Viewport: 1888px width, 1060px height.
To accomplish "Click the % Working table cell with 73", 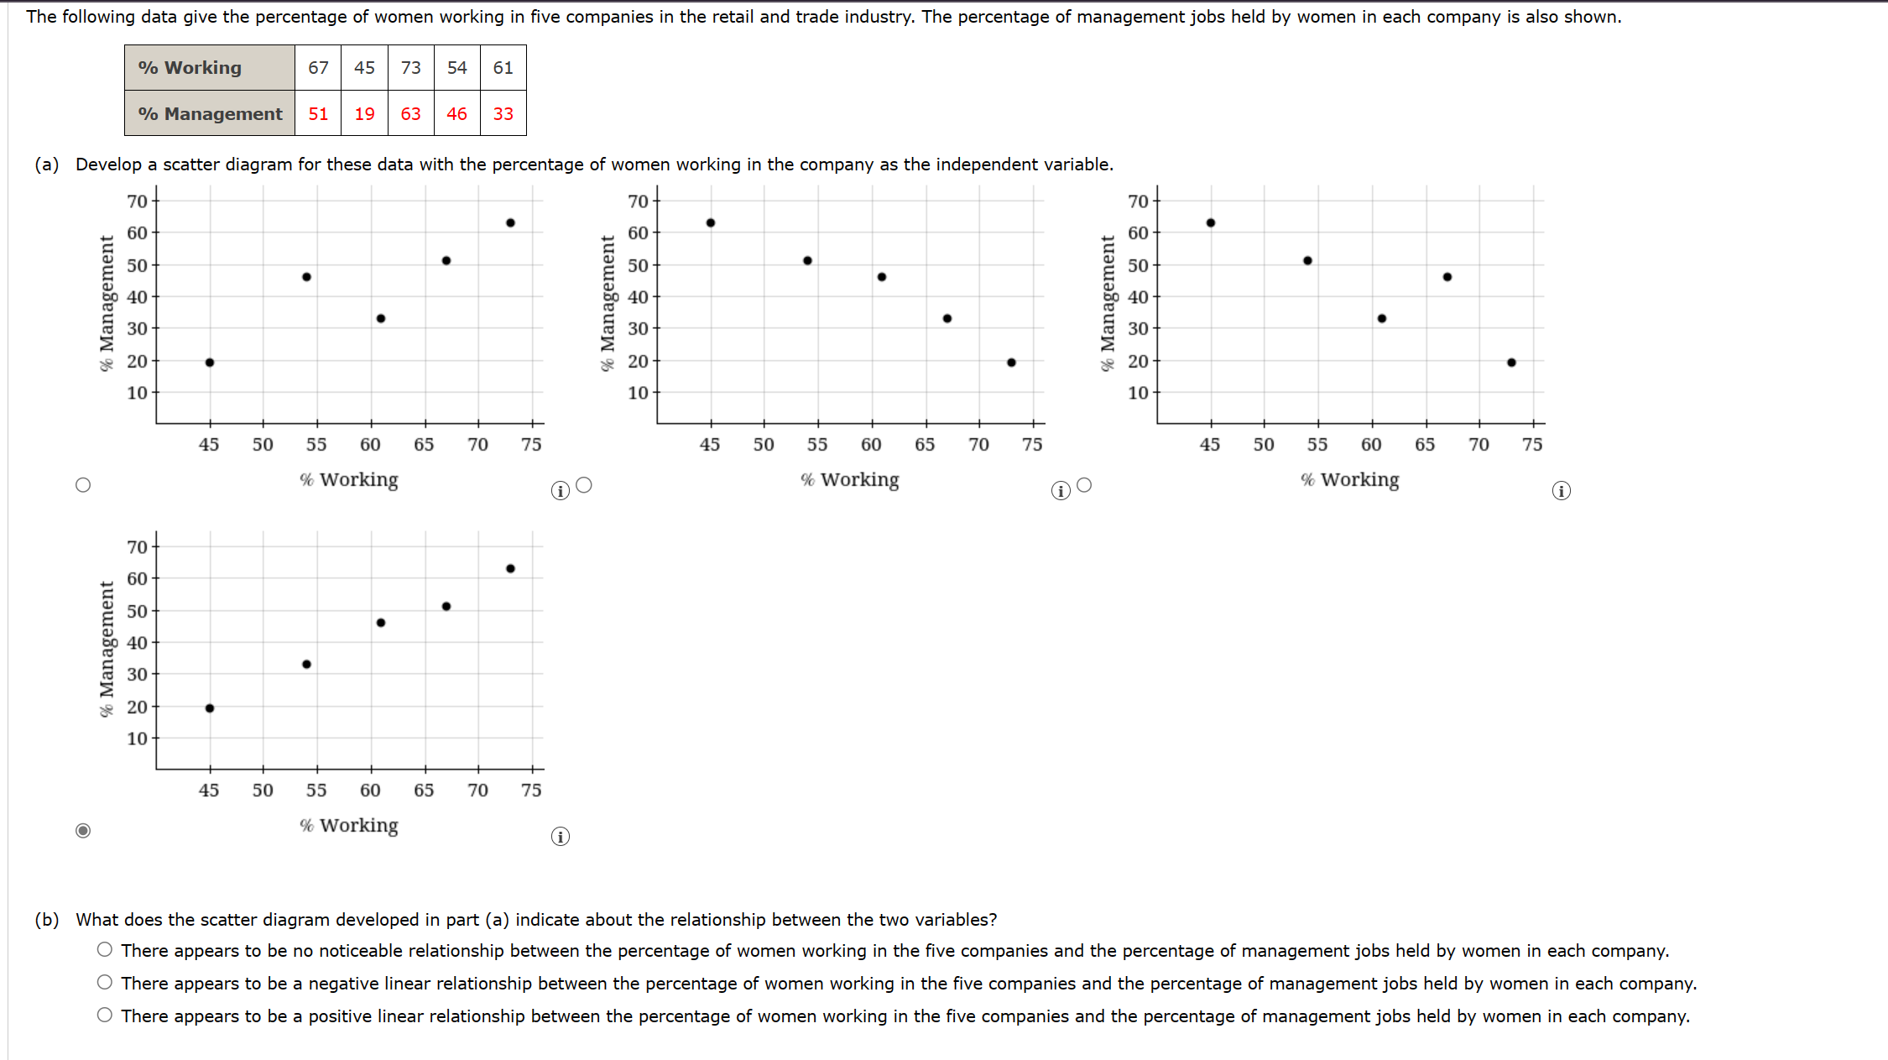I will tap(410, 68).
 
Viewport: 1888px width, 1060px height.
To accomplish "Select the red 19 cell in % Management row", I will tap(364, 114).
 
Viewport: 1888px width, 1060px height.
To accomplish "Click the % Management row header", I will tap(210, 114).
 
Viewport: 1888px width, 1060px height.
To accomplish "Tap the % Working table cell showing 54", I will tap(456, 68).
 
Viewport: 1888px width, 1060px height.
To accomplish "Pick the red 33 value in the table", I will tap(503, 114).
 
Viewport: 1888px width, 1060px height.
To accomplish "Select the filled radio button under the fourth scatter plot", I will tap(83, 831).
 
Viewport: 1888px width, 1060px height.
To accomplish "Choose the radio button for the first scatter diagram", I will tap(83, 485).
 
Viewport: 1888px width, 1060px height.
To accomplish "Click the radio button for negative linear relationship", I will tap(105, 982).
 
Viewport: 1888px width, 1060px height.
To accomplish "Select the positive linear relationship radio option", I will tap(105, 1015).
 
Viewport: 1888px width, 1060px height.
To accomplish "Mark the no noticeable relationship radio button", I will tap(105, 949).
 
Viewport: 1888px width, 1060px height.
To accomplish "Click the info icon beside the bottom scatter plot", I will tap(561, 837).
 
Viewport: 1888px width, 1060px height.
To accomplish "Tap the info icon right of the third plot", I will tap(1561, 491).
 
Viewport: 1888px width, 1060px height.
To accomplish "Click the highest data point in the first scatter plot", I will tap(510, 223).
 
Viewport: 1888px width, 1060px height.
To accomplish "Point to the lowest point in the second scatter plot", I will tap(1011, 363).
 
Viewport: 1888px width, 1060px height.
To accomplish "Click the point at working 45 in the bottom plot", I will tap(210, 708).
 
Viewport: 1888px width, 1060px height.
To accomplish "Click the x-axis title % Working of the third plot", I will tap(1349, 480).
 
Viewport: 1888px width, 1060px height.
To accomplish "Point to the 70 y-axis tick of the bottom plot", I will tap(137, 547).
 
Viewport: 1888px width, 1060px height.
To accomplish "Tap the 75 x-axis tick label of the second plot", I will tap(1032, 445).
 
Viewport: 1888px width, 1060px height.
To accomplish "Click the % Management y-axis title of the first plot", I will tap(107, 303).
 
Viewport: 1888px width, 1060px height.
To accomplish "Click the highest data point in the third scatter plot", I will tap(1211, 223).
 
